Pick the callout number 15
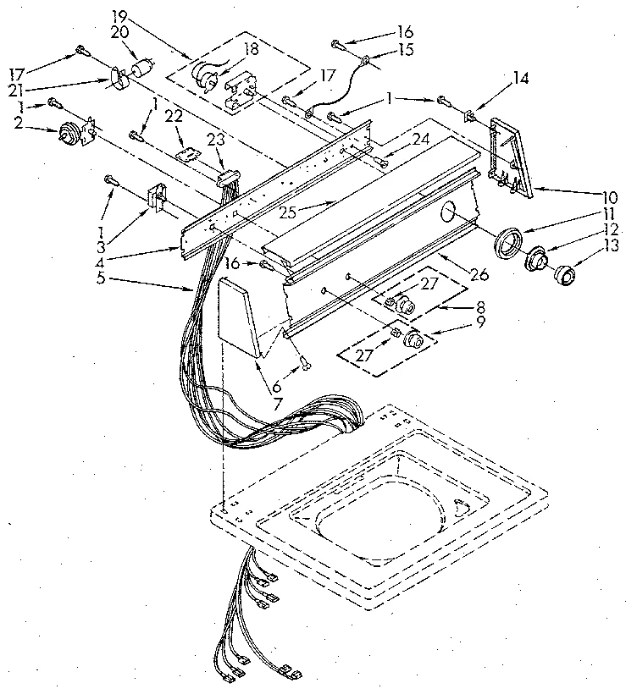[405, 51]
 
